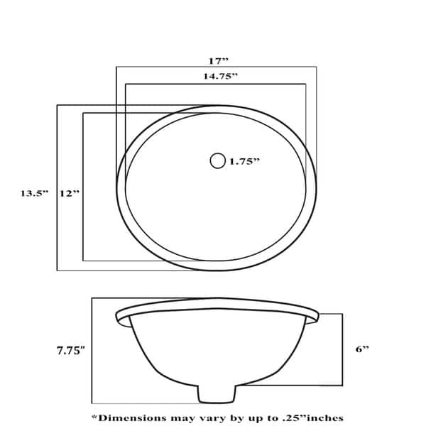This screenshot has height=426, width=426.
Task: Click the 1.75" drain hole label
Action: click(244, 162)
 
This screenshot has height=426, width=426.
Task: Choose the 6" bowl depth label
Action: click(362, 349)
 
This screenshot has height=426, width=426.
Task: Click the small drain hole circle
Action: click(217, 161)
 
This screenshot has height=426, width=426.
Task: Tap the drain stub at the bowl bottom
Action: click(215, 394)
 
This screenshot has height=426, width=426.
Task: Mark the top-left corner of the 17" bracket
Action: click(116, 67)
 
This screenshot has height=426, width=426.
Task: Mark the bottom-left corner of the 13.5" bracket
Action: click(57, 271)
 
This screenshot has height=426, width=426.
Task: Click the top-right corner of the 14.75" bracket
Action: click(306, 84)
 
